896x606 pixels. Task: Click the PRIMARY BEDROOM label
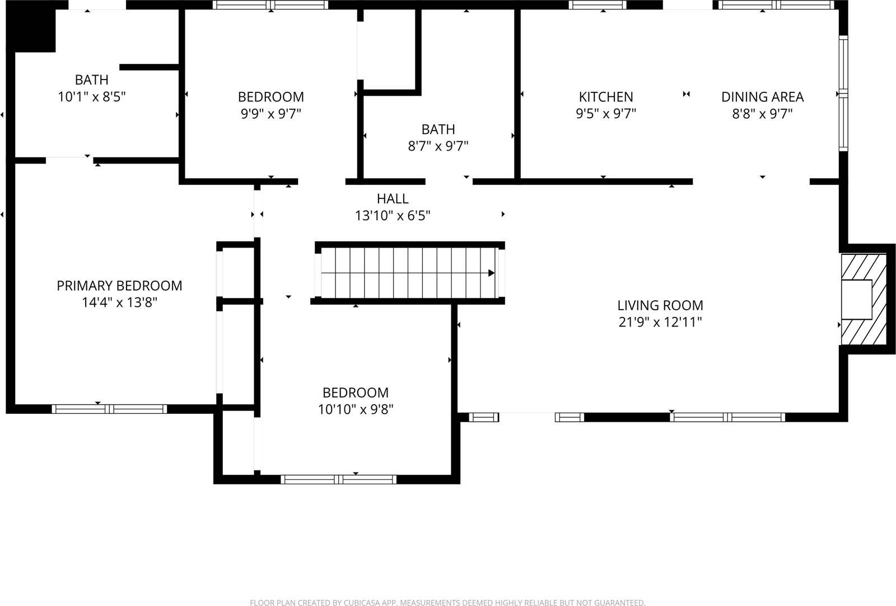[119, 286]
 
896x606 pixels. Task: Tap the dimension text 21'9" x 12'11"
[660, 322]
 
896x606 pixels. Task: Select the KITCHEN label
[606, 97]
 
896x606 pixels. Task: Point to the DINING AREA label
[762, 97]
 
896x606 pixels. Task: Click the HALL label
[393, 198]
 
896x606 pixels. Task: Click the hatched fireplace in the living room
[864, 300]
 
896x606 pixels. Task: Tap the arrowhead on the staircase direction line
[491, 273]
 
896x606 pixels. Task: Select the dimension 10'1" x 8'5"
[92, 97]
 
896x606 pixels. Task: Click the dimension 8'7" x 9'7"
[438, 146]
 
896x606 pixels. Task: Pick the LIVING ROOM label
[660, 305]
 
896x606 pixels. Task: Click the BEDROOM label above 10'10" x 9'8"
[356, 393]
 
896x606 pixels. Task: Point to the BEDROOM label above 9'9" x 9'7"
[271, 97]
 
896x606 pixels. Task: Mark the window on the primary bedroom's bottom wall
[110, 409]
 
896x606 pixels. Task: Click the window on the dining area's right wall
[843, 94]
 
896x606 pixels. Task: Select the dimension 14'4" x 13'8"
[119, 302]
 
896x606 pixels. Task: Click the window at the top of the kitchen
[598, 5]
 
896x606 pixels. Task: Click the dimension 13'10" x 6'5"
[393, 215]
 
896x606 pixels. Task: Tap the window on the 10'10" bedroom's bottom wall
[338, 479]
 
